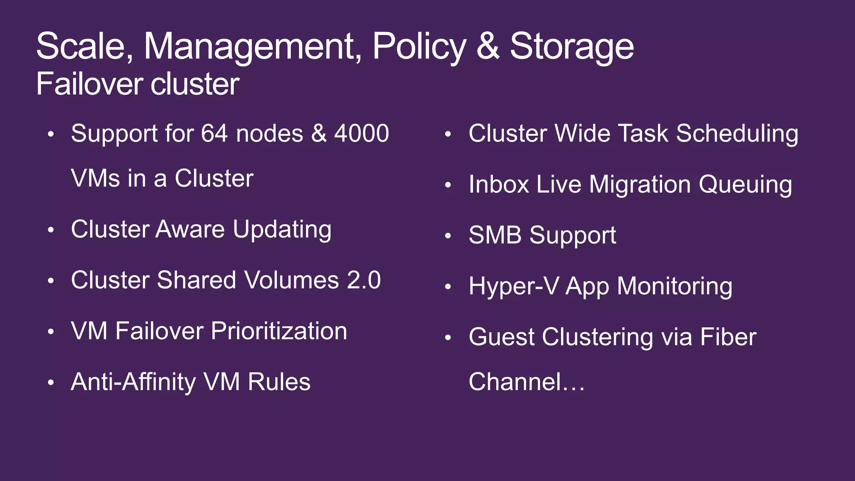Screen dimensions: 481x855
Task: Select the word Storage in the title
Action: [x=572, y=47]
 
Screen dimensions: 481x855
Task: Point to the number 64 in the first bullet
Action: [x=215, y=134]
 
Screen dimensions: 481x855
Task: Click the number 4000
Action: [x=362, y=134]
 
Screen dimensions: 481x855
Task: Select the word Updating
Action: [x=282, y=230]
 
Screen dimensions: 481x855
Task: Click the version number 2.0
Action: [x=364, y=280]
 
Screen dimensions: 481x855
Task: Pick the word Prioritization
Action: [x=279, y=331]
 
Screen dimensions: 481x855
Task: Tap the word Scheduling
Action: [x=737, y=134]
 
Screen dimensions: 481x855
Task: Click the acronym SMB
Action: [x=495, y=235]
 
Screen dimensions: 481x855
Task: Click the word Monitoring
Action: [x=675, y=286]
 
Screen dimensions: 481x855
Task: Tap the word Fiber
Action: [x=728, y=337]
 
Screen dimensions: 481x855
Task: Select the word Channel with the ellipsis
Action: [x=526, y=382]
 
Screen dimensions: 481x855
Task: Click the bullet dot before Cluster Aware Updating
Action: [x=51, y=230]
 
